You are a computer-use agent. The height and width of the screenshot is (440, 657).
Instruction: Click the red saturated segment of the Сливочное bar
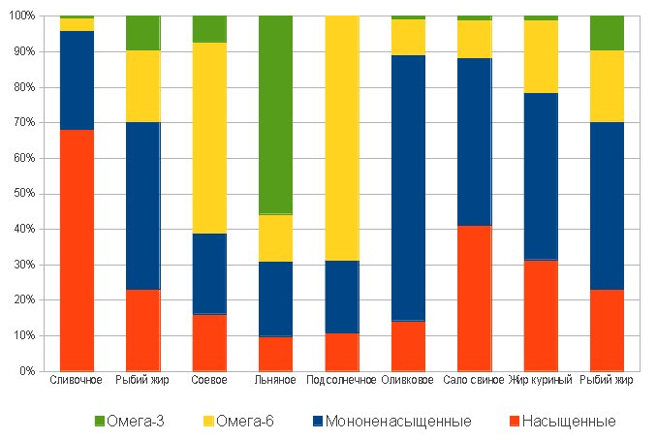click(x=77, y=250)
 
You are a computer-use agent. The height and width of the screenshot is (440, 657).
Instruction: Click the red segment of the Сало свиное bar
click(x=475, y=299)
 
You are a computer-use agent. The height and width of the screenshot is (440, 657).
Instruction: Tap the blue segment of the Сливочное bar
click(x=77, y=80)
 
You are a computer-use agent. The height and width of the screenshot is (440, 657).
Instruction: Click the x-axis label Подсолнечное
click(x=342, y=381)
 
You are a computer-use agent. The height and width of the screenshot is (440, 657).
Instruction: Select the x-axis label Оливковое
click(x=408, y=381)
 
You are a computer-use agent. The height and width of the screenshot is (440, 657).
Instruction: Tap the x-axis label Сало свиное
click(x=474, y=381)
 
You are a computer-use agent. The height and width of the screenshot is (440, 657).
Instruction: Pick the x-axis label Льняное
click(x=275, y=381)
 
